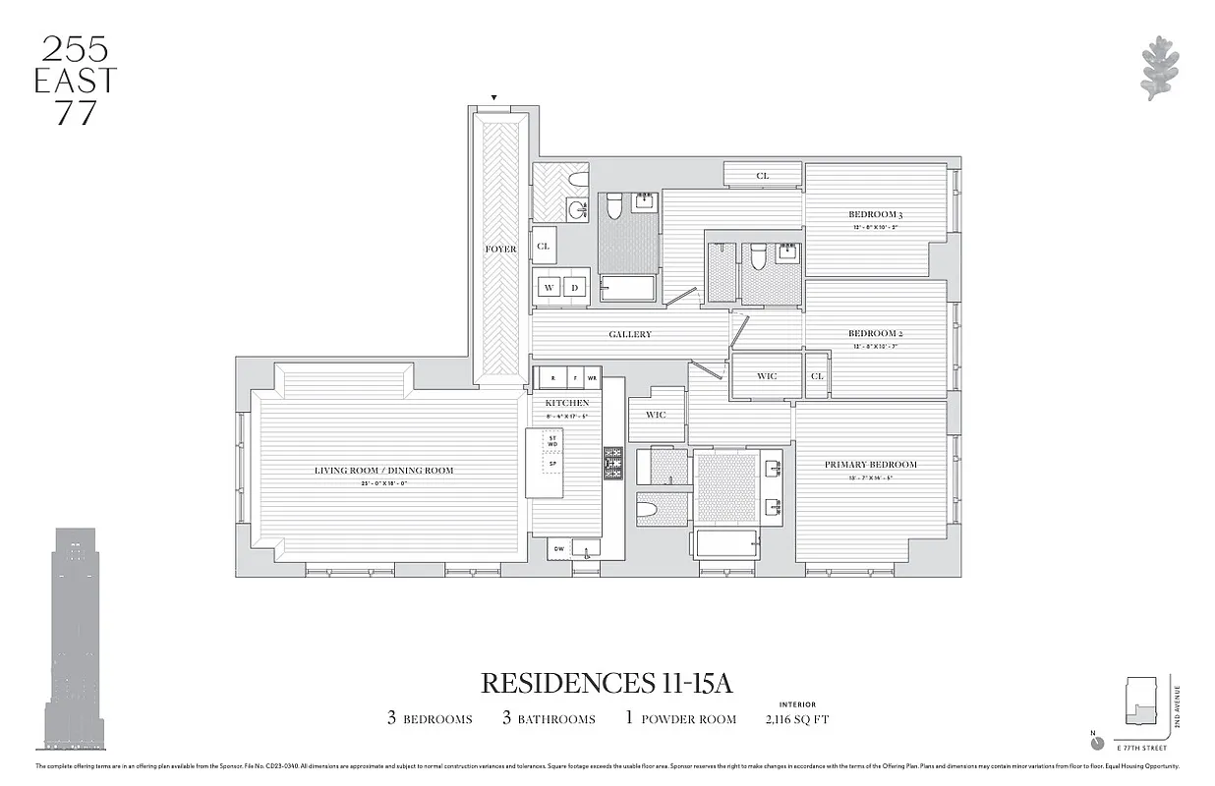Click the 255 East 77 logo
(75, 81)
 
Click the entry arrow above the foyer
(493, 97)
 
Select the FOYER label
(500, 250)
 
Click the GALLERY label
(629, 335)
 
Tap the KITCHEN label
(567, 403)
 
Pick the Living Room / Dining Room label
(383, 471)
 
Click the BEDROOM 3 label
(875, 214)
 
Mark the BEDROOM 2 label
(875, 334)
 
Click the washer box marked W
(550, 288)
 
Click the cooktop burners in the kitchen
(612, 463)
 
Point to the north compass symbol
(1097, 743)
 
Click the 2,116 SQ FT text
(796, 719)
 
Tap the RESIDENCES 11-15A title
(607, 682)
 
